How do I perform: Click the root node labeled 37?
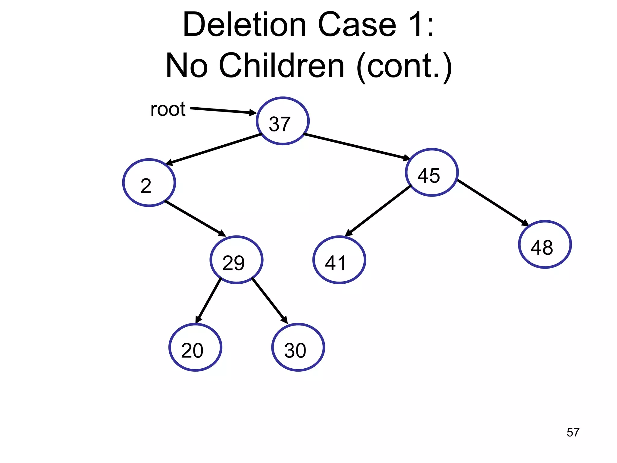283,121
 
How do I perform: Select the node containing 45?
432,172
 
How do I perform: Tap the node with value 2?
149,183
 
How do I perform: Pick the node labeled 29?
236,260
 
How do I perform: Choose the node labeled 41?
339,260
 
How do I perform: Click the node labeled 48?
545,244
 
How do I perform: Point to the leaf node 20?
195,347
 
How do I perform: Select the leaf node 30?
298,347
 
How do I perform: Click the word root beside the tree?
168,109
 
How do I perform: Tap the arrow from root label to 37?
223,111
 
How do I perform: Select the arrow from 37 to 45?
357,146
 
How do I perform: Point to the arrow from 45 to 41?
378,211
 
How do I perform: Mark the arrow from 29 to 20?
208,301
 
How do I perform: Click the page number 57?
573,432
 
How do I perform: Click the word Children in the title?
282,66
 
